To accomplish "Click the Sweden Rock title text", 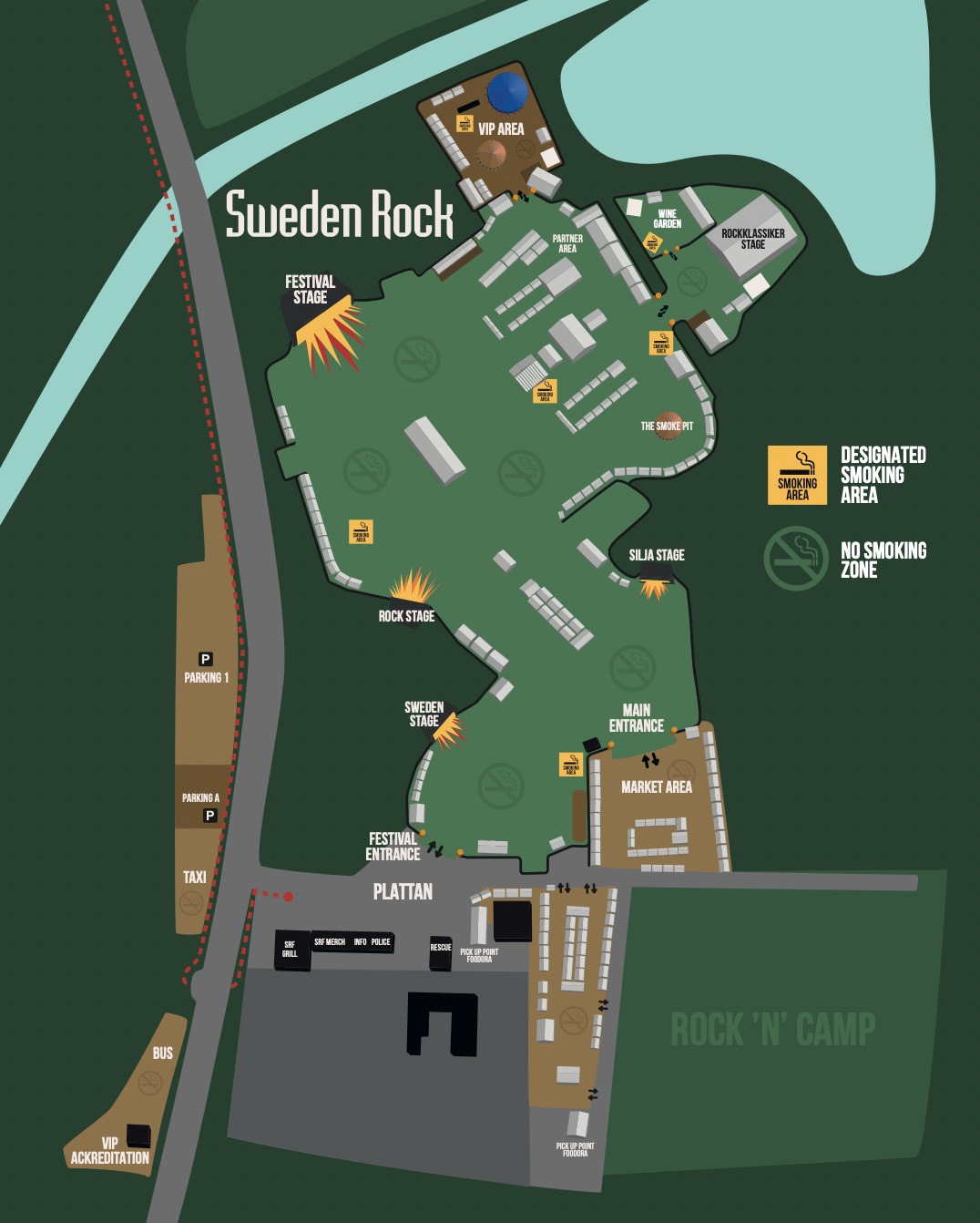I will click(x=339, y=215).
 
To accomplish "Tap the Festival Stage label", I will click(x=310, y=290).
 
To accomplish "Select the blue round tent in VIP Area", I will click(x=506, y=91).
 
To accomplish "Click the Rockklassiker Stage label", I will click(x=752, y=239).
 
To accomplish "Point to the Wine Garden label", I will click(x=667, y=219).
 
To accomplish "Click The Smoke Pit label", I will click(x=667, y=426).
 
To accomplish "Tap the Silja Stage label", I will click(x=656, y=555).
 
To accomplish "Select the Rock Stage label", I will click(x=406, y=616).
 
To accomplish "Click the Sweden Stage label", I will click(x=424, y=714).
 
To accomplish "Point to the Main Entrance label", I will click(x=636, y=718).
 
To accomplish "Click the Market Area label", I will click(x=656, y=786).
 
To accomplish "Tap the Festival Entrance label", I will click(x=393, y=847).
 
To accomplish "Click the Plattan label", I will click(x=403, y=892).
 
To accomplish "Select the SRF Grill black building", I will click(x=291, y=950).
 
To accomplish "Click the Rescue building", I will click(x=441, y=951).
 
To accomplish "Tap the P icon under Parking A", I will click(x=209, y=816).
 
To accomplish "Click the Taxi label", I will click(x=195, y=878).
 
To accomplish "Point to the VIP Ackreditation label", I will click(x=110, y=1151).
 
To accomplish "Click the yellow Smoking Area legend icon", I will click(x=797, y=475).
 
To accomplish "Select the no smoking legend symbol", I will click(x=795, y=559).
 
